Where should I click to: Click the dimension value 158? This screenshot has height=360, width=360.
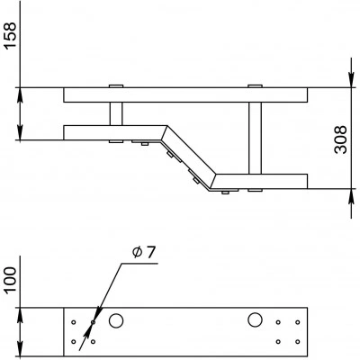(10, 34)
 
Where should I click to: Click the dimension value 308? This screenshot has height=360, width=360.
(340, 139)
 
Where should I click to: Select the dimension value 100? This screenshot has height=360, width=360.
(10, 280)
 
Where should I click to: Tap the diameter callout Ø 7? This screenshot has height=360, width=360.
(144, 253)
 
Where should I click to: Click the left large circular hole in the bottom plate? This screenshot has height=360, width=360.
(116, 320)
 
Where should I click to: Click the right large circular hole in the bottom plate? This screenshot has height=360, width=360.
(255, 319)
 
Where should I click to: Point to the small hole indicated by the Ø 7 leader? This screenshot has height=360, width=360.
(93, 322)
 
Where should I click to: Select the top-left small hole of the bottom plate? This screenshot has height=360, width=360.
(74, 322)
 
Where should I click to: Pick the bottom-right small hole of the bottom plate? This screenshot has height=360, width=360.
(298, 341)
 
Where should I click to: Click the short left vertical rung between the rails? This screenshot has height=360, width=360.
(116, 113)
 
